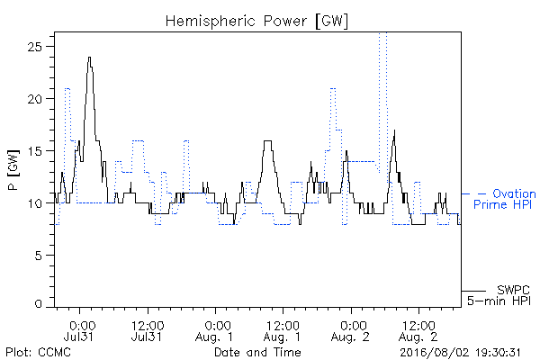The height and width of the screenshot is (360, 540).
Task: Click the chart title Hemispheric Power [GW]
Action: pyautogui.click(x=256, y=21)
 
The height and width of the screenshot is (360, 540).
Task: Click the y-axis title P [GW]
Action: pyautogui.click(x=13, y=170)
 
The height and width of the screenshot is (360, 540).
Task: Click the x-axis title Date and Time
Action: pyautogui.click(x=257, y=352)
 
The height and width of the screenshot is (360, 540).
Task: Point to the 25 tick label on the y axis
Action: pyautogui.click(x=34, y=47)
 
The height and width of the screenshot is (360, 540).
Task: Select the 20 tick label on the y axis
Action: pyautogui.click(x=34, y=99)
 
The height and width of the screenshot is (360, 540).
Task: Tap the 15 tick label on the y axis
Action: pyautogui.click(x=34, y=151)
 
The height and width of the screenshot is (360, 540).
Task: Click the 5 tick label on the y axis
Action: pyautogui.click(x=38, y=256)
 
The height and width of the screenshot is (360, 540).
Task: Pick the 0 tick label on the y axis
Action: pyautogui.click(x=38, y=304)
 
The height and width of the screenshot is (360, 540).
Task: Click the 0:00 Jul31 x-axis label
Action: pyautogui.click(x=79, y=330)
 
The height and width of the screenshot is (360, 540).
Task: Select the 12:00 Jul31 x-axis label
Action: pyautogui.click(x=148, y=330)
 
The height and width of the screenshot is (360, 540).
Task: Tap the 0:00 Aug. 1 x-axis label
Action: pyautogui.click(x=215, y=330)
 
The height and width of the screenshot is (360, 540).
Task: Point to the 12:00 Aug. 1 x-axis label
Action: pyautogui.click(x=283, y=330)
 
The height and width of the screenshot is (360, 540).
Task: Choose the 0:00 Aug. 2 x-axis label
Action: pyautogui.click(x=351, y=330)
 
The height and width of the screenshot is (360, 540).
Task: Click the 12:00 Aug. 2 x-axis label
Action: pyautogui.click(x=418, y=330)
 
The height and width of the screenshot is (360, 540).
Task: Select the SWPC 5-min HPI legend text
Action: pyautogui.click(x=499, y=295)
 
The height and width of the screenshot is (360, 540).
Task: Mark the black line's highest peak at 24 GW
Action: pyautogui.click(x=89, y=58)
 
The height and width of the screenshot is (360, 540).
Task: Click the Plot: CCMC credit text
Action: pyautogui.click(x=38, y=352)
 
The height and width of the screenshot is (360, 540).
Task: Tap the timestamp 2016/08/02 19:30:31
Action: pyautogui.click(x=460, y=353)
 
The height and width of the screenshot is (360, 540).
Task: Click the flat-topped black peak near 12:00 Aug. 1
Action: pyautogui.click(x=267, y=140)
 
